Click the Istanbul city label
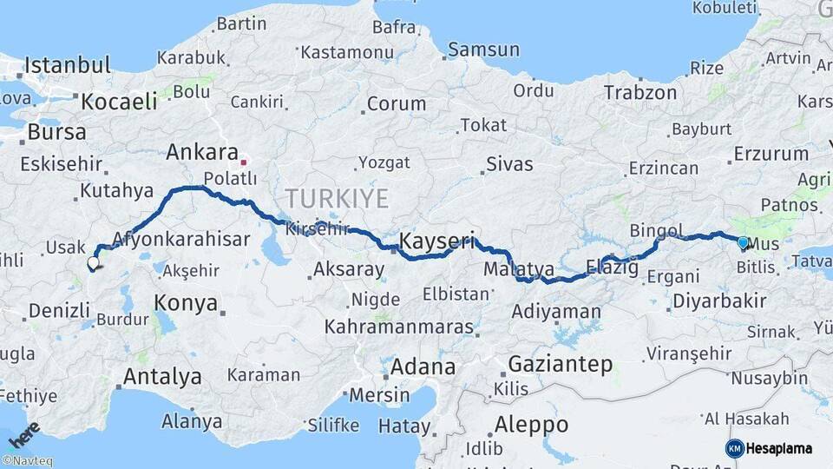(68, 65)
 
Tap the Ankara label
(196, 153)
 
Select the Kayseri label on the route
(437, 241)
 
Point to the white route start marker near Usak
(93, 262)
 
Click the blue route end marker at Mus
(743, 242)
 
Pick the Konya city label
(186, 303)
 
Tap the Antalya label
(162, 377)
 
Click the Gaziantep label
(561, 364)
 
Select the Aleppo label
(531, 425)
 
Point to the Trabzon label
(640, 93)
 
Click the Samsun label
(484, 50)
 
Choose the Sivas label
(509, 163)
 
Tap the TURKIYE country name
(337, 198)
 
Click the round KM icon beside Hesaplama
(735, 448)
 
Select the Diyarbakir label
(718, 301)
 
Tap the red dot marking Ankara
(244, 162)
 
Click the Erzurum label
(771, 155)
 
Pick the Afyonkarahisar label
(181, 239)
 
